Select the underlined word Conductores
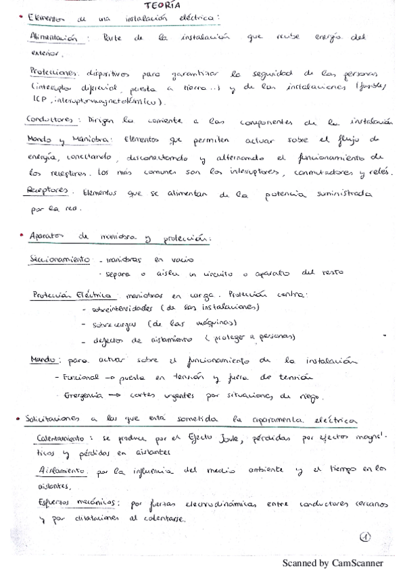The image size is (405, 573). (49, 120)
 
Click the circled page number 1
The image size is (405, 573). (366, 537)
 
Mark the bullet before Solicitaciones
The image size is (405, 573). (15, 420)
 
